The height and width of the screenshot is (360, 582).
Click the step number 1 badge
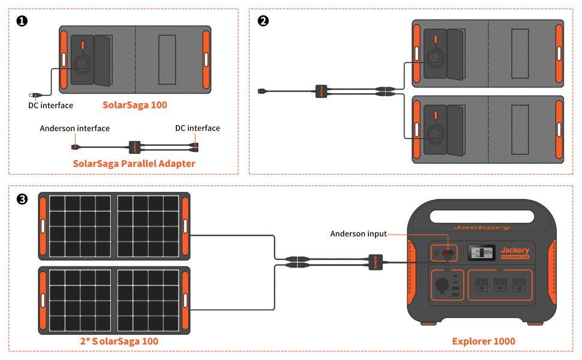pyautogui.click(x=22, y=21)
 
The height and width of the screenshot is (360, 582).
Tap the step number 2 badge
pyautogui.click(x=263, y=21)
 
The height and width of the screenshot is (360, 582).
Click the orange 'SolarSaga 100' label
pyautogui.click(x=134, y=105)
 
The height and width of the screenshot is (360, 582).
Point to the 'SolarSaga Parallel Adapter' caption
pyautogui.click(x=134, y=163)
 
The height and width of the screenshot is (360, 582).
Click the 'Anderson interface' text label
pyautogui.click(x=74, y=128)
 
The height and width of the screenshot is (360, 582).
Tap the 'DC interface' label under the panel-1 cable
pyautogui.click(x=50, y=106)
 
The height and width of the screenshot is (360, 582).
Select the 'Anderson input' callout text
pyautogui.click(x=358, y=233)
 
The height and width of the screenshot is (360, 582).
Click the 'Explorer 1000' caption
pyautogui.click(x=483, y=341)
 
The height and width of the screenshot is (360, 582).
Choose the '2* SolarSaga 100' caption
pyautogui.click(x=119, y=341)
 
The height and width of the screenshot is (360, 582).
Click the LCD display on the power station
pyautogui.click(x=481, y=253)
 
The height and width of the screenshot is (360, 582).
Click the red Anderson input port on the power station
pyautogui.click(x=447, y=253)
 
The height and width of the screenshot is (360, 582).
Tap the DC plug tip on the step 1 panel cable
pyautogui.click(x=34, y=95)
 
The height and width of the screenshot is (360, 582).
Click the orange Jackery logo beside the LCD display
pyautogui.click(x=515, y=251)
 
